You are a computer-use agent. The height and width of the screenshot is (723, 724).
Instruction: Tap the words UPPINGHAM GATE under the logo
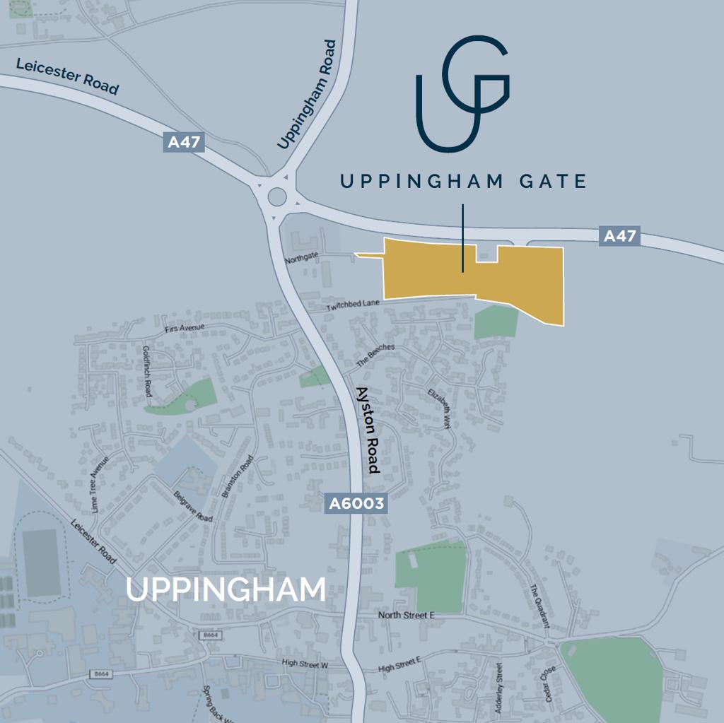click(463, 182)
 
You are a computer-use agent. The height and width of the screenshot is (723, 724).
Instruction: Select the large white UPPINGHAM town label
click(226, 590)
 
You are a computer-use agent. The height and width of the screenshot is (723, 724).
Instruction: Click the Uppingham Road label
click(308, 95)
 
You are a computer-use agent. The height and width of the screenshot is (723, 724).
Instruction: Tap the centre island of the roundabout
click(276, 196)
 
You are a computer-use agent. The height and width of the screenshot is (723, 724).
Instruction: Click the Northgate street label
click(303, 259)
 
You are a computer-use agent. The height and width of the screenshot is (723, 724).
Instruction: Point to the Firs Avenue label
click(185, 328)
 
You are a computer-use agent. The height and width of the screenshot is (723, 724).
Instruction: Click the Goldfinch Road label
click(147, 371)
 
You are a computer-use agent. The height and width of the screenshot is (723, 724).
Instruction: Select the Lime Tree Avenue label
click(100, 484)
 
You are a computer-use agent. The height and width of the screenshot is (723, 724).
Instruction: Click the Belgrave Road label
click(193, 507)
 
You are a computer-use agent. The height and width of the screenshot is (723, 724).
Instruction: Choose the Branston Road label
click(237, 477)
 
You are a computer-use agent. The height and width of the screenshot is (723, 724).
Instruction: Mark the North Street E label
click(407, 616)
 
